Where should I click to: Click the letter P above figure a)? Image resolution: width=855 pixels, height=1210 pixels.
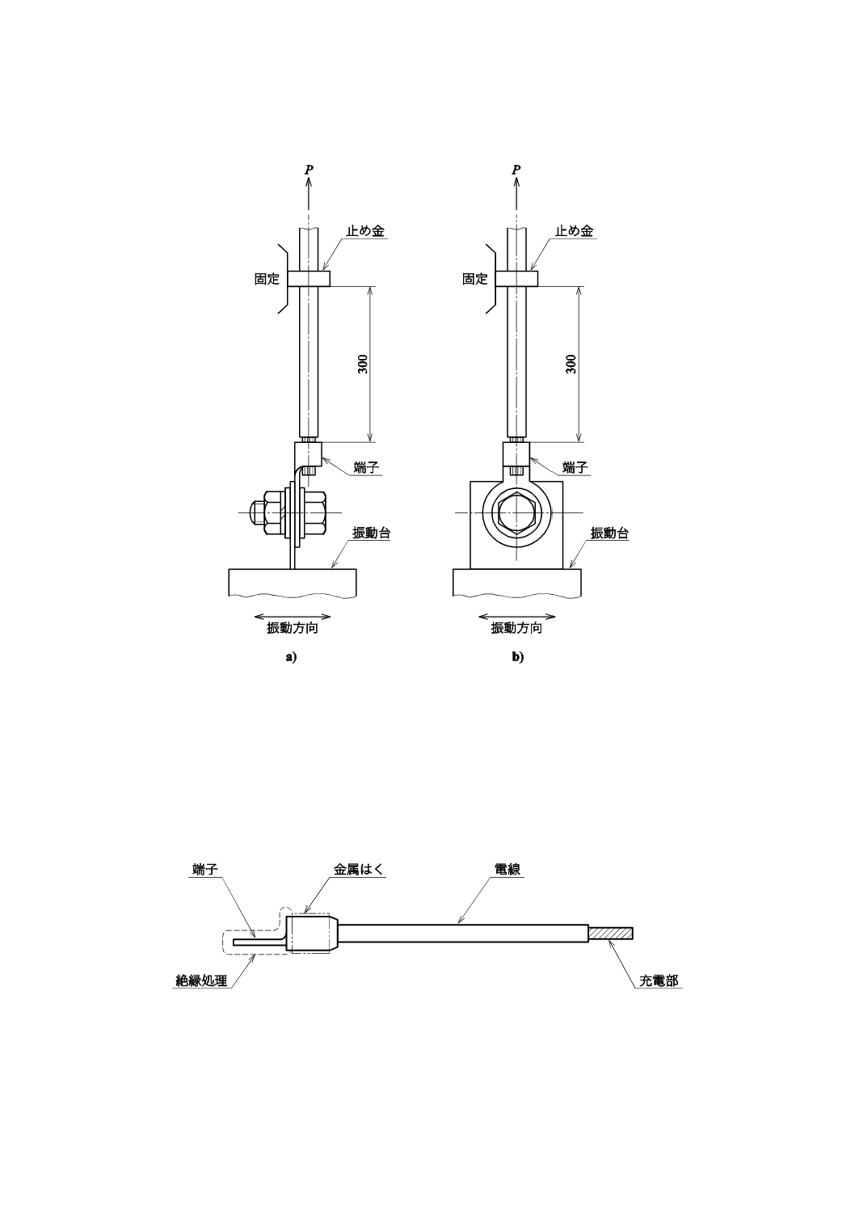tap(309, 170)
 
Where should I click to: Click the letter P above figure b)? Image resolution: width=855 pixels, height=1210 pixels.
tap(516, 170)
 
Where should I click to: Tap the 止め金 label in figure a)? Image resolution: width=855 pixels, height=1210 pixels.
tap(365, 231)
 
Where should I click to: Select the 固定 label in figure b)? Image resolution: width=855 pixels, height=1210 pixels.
tap(475, 279)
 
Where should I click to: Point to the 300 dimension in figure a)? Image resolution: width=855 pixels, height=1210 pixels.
tap(363, 364)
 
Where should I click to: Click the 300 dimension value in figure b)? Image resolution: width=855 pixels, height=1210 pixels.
tap(571, 364)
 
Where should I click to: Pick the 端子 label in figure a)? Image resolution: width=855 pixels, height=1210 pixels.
tap(367, 467)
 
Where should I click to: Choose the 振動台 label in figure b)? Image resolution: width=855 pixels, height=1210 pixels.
tap(610, 533)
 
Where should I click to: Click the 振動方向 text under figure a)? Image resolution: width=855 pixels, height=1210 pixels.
tap(293, 628)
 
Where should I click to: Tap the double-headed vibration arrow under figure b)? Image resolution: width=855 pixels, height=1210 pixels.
tap(517, 614)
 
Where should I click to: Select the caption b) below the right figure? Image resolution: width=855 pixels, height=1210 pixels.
tap(517, 657)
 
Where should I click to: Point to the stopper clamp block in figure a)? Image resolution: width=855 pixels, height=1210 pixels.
tap(310, 279)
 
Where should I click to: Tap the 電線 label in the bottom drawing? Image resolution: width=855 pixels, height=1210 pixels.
tap(507, 870)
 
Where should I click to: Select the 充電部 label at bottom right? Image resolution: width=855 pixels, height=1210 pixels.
tap(659, 981)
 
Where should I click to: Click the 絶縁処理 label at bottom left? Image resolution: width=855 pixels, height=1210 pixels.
tap(201, 981)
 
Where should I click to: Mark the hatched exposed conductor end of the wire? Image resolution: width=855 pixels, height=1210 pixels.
tap(611, 933)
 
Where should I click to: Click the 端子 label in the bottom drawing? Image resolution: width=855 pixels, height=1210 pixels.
tap(205, 870)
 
